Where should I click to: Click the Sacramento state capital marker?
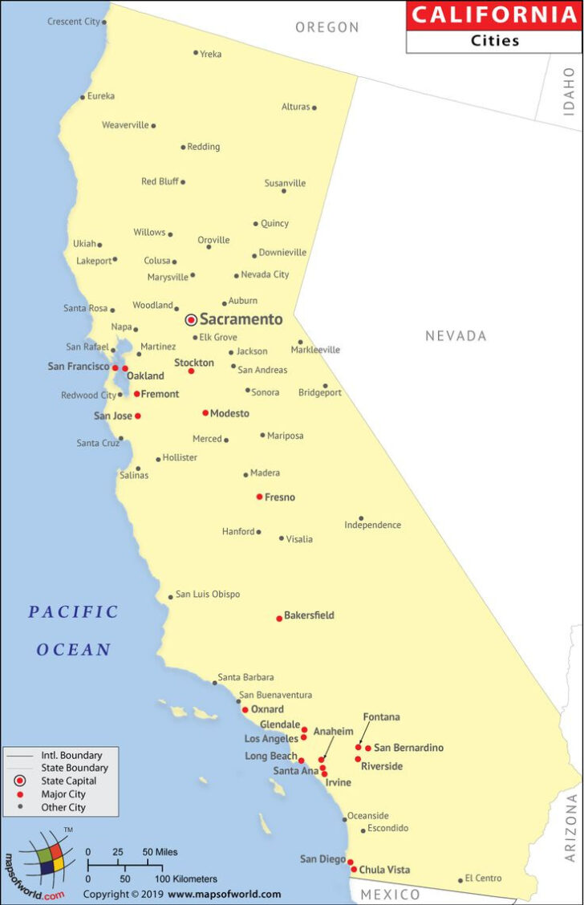[191, 319]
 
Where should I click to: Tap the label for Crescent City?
[74, 22]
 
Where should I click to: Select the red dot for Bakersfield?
[279, 618]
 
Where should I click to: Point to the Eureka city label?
[101, 96]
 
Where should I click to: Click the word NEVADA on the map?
[456, 336]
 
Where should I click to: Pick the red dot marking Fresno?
[259, 497]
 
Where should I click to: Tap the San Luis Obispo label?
[208, 595]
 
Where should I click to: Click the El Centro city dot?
[460, 880]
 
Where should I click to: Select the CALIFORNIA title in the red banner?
[494, 14]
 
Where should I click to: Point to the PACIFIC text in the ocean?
[74, 612]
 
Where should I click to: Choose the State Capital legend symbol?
[21, 781]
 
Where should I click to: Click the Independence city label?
[373, 526]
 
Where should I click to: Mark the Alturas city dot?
[314, 108]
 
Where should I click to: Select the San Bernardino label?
[408, 748]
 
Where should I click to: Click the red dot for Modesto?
[205, 413]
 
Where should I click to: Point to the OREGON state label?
[327, 27]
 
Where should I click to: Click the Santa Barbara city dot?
[214, 683]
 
